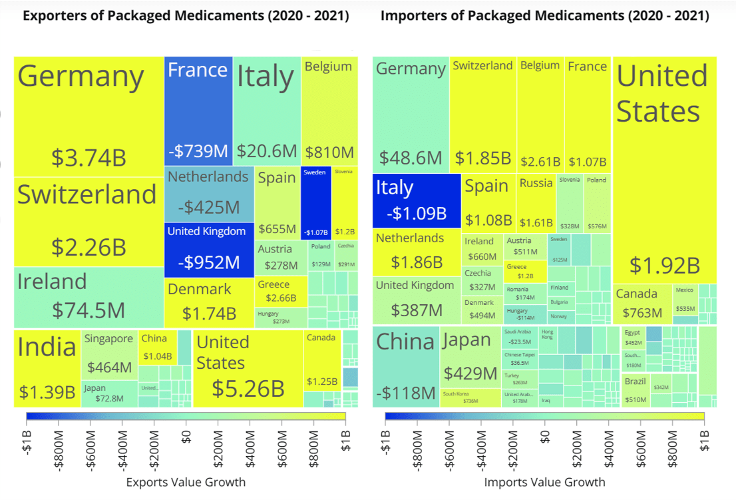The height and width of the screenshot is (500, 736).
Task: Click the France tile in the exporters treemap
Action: pos(198,110)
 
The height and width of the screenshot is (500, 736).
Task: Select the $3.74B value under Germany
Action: pos(89,158)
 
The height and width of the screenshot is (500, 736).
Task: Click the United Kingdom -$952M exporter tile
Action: pos(208,250)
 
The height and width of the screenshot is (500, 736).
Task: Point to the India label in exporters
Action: pos(47,347)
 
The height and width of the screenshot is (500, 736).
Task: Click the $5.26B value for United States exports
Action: pos(248,387)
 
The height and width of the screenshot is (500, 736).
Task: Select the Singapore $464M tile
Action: pos(109,355)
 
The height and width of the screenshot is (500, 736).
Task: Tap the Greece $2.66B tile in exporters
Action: pos(280,292)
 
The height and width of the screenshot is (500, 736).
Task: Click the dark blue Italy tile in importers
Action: pos(416,200)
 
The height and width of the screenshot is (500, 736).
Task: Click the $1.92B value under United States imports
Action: pos(664,265)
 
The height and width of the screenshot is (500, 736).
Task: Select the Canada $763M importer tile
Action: pos(642,304)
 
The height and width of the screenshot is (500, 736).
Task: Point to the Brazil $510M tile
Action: pos(636,391)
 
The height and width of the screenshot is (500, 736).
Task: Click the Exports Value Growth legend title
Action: pos(186,482)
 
